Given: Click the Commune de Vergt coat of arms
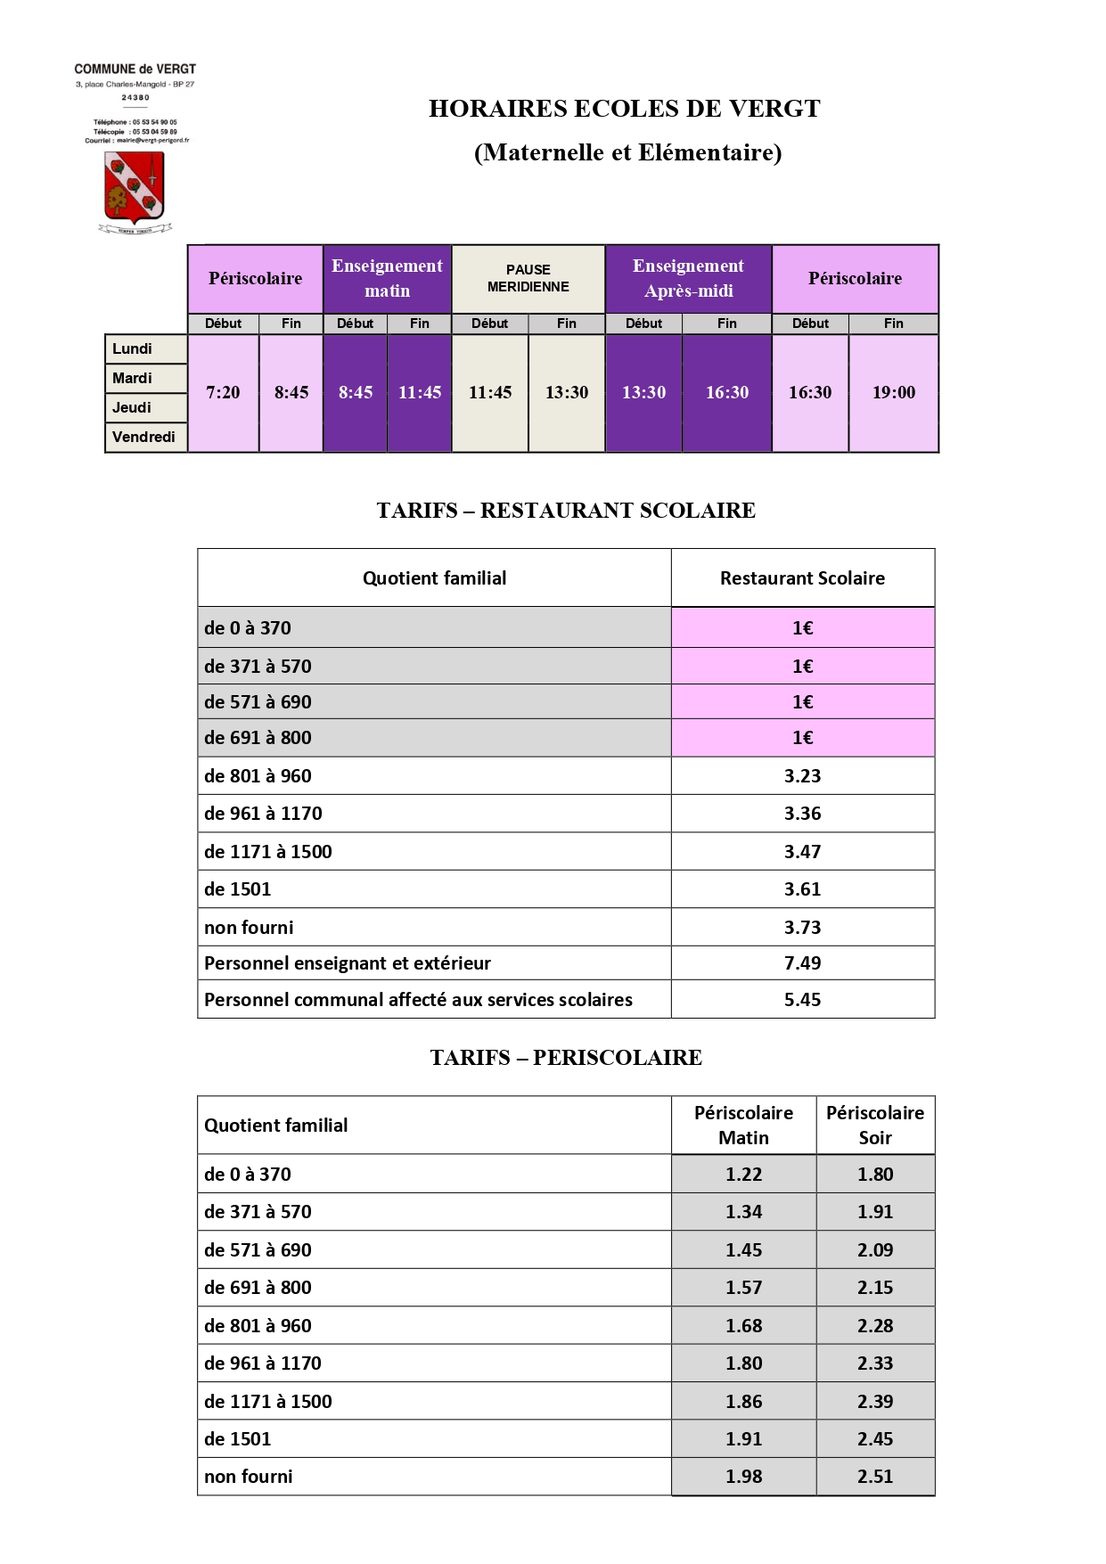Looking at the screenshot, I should pyautogui.click(x=135, y=188).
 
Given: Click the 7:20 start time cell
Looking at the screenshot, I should pyautogui.click(x=223, y=392).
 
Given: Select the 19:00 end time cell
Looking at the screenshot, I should pyautogui.click(x=893, y=392).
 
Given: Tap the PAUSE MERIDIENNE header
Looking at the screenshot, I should pyautogui.click(x=528, y=278).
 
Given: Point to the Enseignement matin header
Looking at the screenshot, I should pyautogui.click(x=387, y=278).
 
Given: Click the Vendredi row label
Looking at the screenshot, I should pyautogui.click(x=143, y=437).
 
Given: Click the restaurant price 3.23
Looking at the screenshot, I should pyautogui.click(x=802, y=775).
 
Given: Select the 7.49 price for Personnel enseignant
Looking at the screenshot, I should pyautogui.click(x=802, y=962).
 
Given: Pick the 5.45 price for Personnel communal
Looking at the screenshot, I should pyautogui.click(x=802, y=999).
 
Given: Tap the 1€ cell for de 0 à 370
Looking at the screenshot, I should pyautogui.click(x=802, y=627).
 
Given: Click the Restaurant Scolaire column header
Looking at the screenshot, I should pyautogui.click(x=802, y=577).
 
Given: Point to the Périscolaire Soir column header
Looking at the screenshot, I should pyautogui.click(x=874, y=1125).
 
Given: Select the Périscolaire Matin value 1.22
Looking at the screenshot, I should pyautogui.click(x=743, y=1174).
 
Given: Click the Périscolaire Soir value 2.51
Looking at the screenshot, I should pyautogui.click(x=874, y=1476).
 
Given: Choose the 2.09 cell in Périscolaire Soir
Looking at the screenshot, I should pyautogui.click(x=874, y=1249).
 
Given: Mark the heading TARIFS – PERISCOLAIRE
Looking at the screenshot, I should pyautogui.click(x=566, y=1057).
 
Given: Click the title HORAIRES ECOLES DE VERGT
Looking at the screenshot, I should pyautogui.click(x=624, y=109).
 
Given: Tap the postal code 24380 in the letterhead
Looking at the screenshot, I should pyautogui.click(x=135, y=97).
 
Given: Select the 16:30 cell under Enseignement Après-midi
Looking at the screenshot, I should pyautogui.click(x=726, y=392).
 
